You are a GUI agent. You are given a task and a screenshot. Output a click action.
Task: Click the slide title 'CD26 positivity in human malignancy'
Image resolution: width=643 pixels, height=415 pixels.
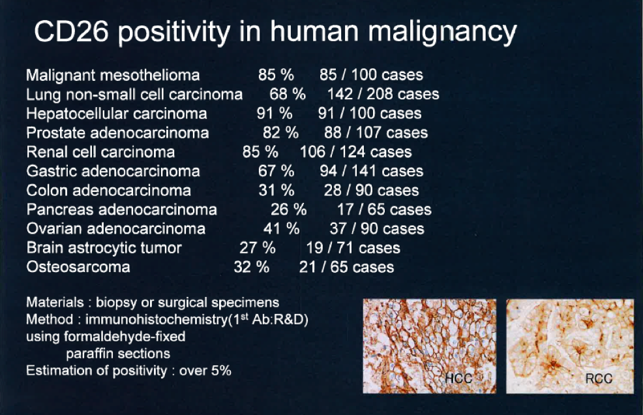point(275,32)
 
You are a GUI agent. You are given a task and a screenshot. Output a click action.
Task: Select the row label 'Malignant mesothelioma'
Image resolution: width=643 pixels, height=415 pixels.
point(113,76)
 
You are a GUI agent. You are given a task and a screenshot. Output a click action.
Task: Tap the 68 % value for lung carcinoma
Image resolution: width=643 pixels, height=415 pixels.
point(288,94)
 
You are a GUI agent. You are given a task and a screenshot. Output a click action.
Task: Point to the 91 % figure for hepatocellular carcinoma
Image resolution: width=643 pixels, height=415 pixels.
point(275,114)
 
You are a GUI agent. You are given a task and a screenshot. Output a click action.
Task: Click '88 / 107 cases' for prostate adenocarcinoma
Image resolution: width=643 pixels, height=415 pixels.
point(376,132)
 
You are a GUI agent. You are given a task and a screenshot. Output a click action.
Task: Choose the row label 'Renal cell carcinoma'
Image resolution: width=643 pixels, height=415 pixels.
point(100,152)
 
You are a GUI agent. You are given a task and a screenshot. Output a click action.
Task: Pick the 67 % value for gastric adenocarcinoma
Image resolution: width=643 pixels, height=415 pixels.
point(276,171)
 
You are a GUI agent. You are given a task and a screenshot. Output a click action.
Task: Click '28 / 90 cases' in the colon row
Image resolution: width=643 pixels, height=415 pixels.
point(371,191)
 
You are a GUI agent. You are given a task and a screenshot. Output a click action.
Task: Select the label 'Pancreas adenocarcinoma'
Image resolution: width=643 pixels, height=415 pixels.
point(121,209)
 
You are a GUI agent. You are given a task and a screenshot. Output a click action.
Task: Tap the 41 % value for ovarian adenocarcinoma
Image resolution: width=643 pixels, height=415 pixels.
point(281,228)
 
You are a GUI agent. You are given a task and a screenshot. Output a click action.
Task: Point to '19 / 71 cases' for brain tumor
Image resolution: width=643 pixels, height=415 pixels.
point(353,248)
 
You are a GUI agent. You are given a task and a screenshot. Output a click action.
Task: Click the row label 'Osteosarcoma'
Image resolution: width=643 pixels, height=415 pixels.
point(78,267)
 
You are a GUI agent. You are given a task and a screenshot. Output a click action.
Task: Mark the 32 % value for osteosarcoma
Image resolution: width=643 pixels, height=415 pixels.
point(251,268)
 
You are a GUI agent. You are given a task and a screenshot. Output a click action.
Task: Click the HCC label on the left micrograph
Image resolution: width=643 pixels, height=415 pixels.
point(458,378)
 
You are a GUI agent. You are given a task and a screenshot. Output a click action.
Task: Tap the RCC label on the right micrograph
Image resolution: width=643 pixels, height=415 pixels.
point(599,378)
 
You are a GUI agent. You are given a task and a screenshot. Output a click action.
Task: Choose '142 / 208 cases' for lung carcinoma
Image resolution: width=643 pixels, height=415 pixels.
point(383,95)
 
